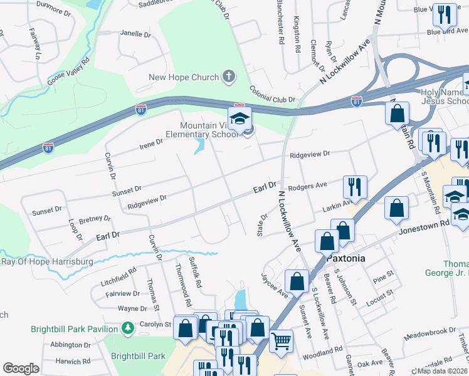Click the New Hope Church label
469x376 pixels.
183,78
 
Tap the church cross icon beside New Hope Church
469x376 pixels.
229,78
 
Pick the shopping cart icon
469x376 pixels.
282,341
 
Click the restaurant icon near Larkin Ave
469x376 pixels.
354,187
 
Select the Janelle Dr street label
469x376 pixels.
136,33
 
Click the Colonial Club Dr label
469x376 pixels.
272,95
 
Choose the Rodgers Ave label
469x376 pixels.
308,185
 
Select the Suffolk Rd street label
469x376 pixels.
195,272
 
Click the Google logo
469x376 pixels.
21,368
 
